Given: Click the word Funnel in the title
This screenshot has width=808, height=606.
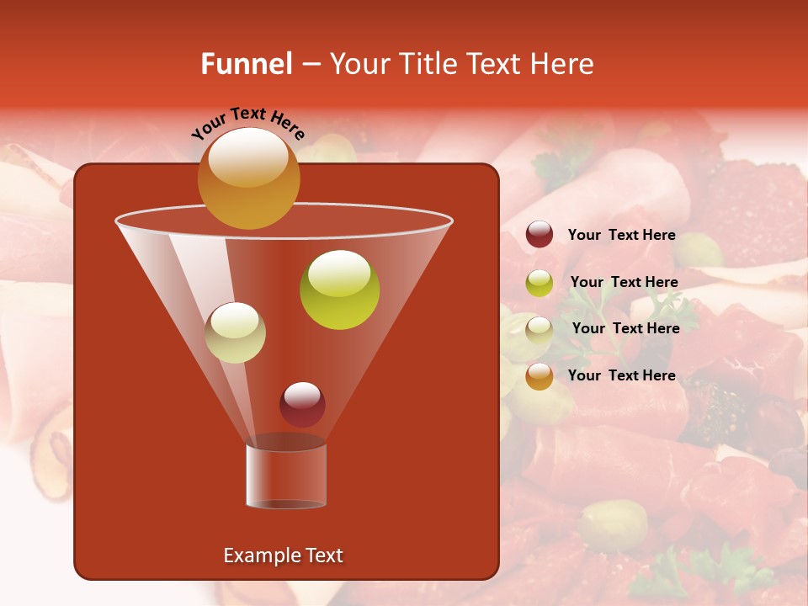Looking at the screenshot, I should coord(246,64).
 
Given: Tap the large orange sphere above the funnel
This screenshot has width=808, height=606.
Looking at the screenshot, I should coord(248,178).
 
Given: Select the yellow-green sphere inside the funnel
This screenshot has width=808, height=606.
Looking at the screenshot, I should coord(339,290).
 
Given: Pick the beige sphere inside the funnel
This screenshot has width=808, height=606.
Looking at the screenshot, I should coord(235,332).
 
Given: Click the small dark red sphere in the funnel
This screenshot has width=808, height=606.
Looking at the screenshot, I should coord(302,404).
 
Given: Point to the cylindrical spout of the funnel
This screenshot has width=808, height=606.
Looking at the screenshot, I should coord(286,476).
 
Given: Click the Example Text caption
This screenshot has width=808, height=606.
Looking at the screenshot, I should coord(283,555).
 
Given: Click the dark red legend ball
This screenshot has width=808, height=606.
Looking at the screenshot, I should coord(540,235).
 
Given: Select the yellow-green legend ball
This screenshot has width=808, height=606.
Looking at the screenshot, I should coord(540,283).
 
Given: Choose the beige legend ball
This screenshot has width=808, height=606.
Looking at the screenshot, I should coord(540,329).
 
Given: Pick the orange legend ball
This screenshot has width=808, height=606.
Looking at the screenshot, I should coord(540,376).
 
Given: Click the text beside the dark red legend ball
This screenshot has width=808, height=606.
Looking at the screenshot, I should coord(621,236).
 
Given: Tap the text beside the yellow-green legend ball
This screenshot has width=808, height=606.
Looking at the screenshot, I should coord(624,283).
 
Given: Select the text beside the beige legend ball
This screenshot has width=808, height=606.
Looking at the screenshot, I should coord(625,329).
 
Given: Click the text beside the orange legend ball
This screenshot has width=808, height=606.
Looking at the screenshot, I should coord(621,376).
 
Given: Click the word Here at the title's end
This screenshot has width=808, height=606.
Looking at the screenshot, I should coord(564,64).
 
